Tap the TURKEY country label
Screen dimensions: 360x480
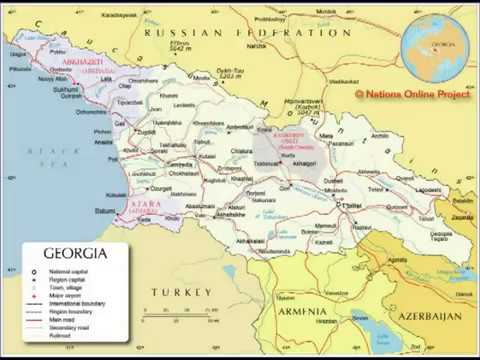coord(181,291)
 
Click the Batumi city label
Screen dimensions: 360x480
coord(105,211)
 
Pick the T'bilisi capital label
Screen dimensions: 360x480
coord(352,205)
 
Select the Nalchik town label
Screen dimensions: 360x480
coord(257,45)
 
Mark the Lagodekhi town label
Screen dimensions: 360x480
coord(429,189)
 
